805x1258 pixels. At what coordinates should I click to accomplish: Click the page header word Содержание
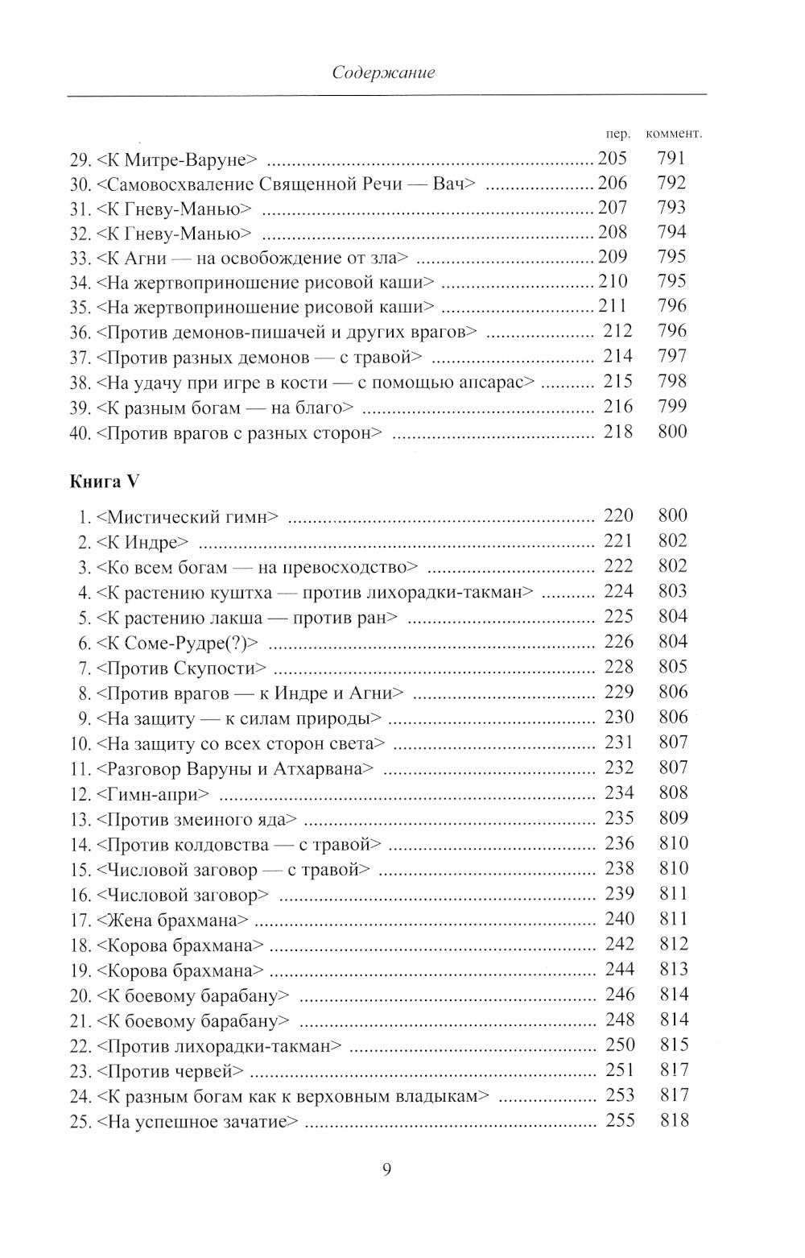point(383,72)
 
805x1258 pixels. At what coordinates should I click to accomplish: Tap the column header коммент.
point(674,134)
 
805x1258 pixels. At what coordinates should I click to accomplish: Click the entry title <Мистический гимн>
point(191,516)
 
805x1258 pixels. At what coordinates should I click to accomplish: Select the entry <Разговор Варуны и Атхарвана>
point(234,768)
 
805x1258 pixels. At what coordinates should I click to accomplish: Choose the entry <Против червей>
point(169,1071)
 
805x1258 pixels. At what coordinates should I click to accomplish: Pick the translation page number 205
point(612,159)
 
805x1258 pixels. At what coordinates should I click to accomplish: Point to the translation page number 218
point(617,432)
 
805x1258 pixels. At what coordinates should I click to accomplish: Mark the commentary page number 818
point(674,1120)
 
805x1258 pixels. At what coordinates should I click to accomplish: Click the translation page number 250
point(619,1045)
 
